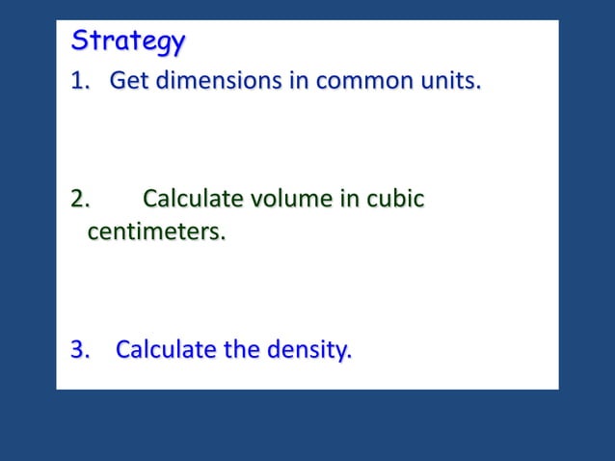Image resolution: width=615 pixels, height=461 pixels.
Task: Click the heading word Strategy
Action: click(128, 42)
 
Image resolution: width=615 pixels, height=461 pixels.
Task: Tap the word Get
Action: click(126, 81)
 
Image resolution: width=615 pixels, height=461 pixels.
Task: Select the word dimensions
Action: click(208, 81)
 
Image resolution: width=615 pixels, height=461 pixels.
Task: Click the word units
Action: click(449, 81)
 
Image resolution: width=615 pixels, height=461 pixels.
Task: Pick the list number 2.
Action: click(80, 200)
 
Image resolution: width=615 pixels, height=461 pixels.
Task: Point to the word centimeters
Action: click(156, 232)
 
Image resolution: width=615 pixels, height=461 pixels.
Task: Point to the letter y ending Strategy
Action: click(176, 45)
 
